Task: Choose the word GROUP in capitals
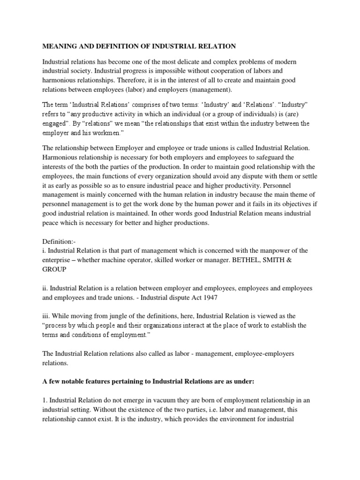coord(55,270)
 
